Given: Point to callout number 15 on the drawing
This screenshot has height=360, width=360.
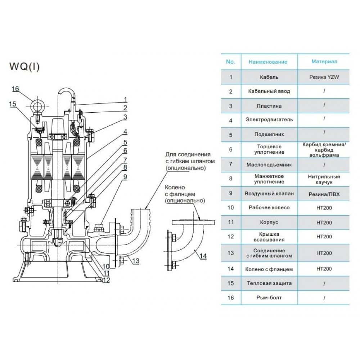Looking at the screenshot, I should [13, 104].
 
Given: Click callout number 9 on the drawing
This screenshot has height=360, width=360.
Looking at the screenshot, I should [125, 177].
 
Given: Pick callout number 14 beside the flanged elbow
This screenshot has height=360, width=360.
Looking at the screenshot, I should [203, 256].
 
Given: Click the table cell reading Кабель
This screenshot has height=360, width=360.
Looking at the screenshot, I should [269, 77].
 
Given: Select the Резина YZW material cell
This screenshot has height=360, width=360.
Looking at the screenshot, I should [324, 77].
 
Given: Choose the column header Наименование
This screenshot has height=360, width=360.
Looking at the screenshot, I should [268, 62].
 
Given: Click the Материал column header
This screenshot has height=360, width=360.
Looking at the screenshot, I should [324, 62].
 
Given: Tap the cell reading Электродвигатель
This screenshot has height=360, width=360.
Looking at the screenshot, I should [269, 119].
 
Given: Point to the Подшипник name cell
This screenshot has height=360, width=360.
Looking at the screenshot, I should [269, 134].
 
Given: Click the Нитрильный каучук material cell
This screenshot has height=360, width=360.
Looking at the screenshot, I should [324, 179].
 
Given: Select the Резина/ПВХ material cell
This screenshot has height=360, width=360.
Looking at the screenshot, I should [324, 194].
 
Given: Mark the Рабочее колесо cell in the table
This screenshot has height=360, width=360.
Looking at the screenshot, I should [269, 207].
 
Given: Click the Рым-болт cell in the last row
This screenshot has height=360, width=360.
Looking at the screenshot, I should [269, 298].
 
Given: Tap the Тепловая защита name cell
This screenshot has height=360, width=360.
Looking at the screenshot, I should [269, 283].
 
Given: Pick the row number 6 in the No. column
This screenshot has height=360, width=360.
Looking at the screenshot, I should [231, 149].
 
